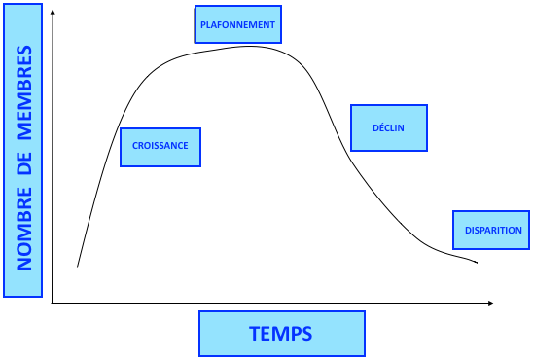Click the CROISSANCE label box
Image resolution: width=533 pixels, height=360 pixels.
(x=160, y=147)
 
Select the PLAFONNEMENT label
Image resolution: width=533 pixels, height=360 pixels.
(x=236, y=24)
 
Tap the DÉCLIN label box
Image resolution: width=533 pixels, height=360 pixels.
(x=388, y=127)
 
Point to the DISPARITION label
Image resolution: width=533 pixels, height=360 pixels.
(x=493, y=231)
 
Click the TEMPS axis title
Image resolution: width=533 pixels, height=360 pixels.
(x=281, y=334)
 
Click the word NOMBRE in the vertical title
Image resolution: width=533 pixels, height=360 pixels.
(x=25, y=230)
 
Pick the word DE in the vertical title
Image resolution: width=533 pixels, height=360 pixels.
(x=25, y=160)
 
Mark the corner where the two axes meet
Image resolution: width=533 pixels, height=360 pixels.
(x=53, y=304)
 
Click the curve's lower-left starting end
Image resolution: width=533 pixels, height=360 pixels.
(x=78, y=266)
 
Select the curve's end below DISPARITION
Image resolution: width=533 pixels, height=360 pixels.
(x=478, y=263)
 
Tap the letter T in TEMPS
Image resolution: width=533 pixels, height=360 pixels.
(x=255, y=334)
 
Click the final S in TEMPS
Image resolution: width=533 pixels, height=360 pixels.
(x=307, y=334)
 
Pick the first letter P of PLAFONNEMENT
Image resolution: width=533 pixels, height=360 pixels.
(x=202, y=24)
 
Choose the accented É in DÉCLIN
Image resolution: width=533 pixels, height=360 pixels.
(x=379, y=127)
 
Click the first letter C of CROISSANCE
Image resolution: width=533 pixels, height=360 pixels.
(x=135, y=147)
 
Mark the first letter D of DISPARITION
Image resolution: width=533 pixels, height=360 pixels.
(x=468, y=231)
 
